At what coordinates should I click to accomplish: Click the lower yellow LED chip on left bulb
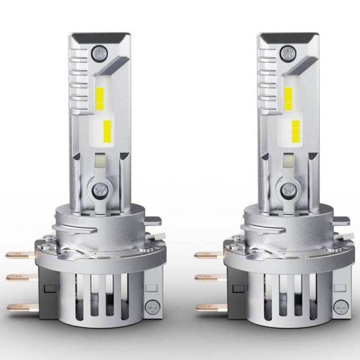(107, 128)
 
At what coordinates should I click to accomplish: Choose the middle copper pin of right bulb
(205, 278)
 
